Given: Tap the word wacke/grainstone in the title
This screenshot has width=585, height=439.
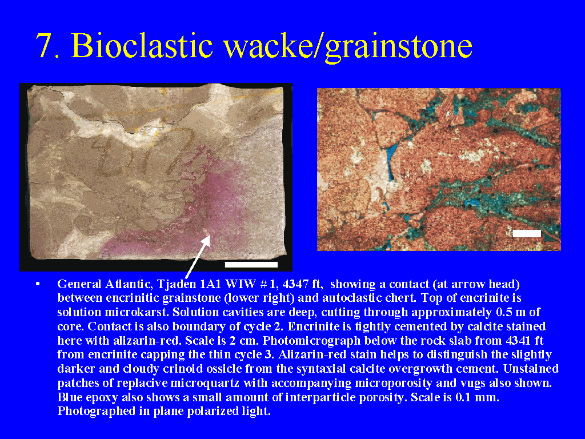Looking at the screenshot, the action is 348,47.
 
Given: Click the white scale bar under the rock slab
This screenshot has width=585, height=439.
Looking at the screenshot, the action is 251,265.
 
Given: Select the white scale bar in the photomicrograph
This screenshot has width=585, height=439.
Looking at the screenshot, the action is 527,233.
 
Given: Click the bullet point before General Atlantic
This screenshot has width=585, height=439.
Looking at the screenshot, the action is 38,285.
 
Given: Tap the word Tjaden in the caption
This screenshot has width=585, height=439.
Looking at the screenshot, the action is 177,284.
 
